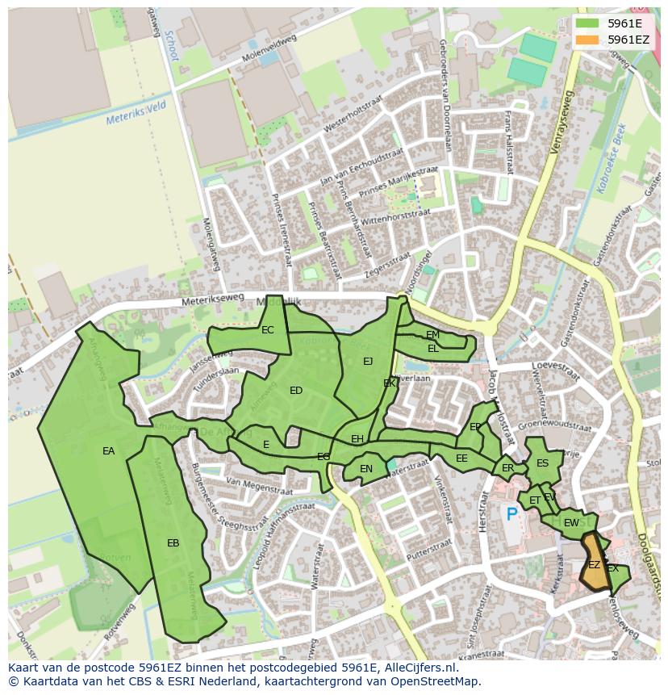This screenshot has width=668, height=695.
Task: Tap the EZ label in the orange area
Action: click(x=594, y=565)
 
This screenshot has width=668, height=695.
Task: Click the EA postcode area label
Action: click(x=108, y=451)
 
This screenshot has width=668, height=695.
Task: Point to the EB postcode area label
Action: click(x=173, y=543)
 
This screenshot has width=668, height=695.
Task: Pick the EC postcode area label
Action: click(x=267, y=329)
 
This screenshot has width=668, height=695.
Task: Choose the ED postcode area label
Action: click(x=295, y=391)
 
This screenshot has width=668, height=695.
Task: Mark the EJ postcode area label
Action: click(x=368, y=361)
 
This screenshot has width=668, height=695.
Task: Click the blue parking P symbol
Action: click(x=511, y=513)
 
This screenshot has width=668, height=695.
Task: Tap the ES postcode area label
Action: click(x=542, y=463)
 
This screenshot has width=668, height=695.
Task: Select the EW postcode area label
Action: click(x=570, y=523)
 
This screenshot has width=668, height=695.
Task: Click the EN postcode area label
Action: click(x=366, y=468)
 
